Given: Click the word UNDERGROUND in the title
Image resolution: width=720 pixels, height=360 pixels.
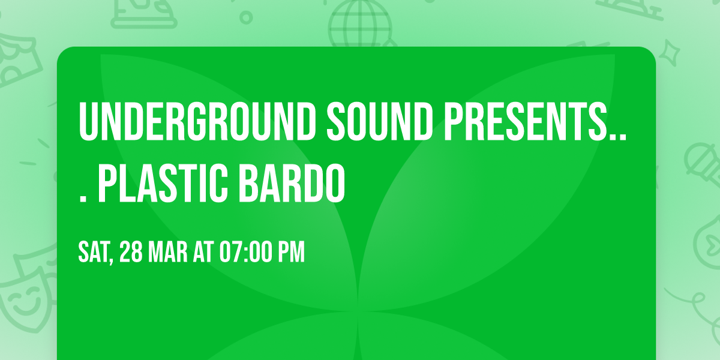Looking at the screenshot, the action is [x=197, y=122].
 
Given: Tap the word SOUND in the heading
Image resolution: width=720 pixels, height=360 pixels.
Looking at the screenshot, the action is [x=380, y=122].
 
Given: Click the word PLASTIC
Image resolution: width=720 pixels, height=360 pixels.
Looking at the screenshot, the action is [x=163, y=184].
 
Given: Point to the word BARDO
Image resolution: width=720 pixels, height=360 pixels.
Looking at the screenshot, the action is [x=292, y=184].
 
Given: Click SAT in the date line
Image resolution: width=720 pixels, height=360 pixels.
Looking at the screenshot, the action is [x=93, y=253].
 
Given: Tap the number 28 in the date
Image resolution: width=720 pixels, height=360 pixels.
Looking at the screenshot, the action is [x=131, y=253].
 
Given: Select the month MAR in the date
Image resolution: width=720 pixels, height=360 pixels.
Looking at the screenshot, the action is [x=168, y=253].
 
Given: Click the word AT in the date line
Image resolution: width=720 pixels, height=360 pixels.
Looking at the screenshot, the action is [x=203, y=253].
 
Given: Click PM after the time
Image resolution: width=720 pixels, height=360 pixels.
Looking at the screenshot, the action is [x=291, y=253].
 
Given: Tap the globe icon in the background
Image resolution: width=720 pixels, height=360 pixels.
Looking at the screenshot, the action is [x=360, y=23].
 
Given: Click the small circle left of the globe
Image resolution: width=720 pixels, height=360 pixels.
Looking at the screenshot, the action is [x=246, y=17].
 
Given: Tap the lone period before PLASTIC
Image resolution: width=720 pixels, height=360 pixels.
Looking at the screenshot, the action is [x=83, y=199].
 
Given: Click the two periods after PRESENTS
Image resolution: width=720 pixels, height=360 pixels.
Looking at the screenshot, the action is [x=618, y=137].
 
